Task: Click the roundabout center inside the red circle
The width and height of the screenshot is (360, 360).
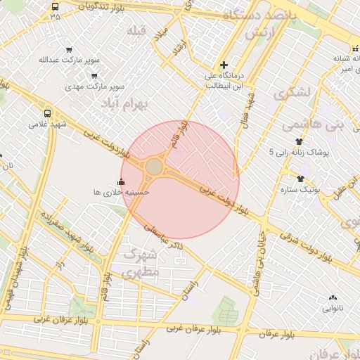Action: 154,167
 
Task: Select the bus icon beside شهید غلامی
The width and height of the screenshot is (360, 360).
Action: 47,112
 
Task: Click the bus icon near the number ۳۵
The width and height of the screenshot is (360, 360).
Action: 56,6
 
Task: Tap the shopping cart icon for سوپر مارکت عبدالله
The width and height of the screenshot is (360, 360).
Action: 69,49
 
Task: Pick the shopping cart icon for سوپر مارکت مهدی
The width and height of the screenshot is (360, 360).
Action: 94,76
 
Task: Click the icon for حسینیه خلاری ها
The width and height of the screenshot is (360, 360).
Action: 121,182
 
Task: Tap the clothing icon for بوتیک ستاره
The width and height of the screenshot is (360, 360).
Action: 301,179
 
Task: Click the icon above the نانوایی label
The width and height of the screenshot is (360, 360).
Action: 332,298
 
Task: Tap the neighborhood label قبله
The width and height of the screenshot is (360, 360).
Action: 136,32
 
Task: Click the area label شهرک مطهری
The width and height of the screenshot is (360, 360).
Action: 141,263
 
